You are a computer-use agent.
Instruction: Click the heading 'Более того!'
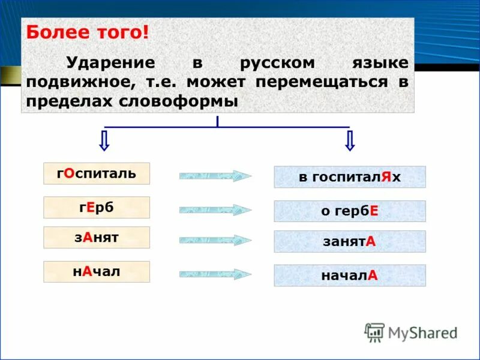click(x=86, y=32)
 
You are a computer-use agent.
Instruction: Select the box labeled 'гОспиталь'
click(x=97, y=173)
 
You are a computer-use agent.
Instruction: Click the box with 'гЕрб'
click(x=97, y=207)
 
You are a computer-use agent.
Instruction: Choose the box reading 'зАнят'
click(x=97, y=237)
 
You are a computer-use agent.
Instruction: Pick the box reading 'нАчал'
click(x=97, y=271)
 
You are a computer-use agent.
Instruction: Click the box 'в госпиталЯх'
click(x=350, y=177)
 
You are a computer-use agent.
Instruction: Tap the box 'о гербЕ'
click(x=350, y=211)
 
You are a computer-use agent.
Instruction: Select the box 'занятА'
click(x=350, y=241)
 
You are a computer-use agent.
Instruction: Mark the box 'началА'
click(x=350, y=275)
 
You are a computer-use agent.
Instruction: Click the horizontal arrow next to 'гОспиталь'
click(x=215, y=176)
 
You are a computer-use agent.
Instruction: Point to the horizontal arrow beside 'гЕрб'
click(x=215, y=210)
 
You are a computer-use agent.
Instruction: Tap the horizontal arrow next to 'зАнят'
click(x=215, y=240)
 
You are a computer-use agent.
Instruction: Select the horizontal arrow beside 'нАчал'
click(x=215, y=274)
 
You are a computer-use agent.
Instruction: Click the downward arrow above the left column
click(x=104, y=140)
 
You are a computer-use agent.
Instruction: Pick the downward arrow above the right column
click(x=350, y=140)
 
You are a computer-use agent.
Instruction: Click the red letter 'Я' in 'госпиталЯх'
click(x=386, y=177)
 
